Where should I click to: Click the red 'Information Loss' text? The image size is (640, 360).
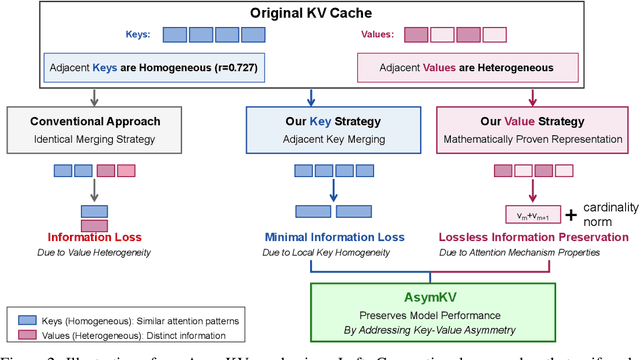(95, 237)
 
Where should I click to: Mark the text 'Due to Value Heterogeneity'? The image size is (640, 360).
(95, 253)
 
